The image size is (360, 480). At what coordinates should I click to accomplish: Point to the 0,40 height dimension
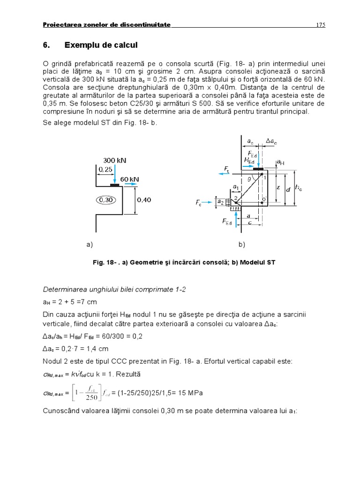tap(144, 200)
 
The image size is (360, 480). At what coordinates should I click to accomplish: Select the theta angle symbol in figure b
tap(250, 179)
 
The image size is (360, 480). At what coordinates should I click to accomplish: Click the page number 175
tap(321, 25)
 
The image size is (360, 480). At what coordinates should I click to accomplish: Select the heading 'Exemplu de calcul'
tap(101, 45)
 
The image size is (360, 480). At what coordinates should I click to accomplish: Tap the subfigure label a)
tap(90, 244)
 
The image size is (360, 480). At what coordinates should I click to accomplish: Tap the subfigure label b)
tap(241, 244)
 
